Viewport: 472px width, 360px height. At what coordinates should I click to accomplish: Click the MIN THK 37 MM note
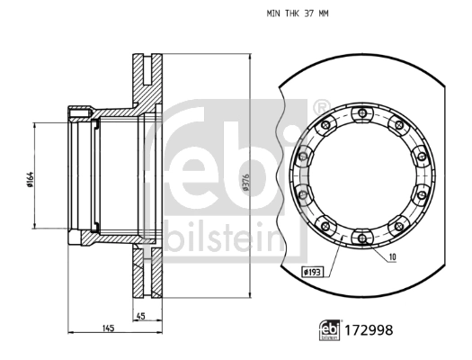tap(298, 13)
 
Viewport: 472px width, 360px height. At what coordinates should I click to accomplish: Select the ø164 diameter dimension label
tap(30, 180)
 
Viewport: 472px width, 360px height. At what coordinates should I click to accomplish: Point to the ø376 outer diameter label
tap(245, 182)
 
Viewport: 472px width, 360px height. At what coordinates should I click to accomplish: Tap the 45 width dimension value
tap(141, 316)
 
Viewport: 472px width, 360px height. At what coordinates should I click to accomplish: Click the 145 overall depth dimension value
tap(109, 328)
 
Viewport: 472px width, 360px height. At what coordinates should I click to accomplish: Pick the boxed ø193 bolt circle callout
tap(313, 273)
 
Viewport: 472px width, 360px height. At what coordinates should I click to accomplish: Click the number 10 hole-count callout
tap(393, 257)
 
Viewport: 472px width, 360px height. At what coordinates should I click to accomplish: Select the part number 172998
tap(369, 330)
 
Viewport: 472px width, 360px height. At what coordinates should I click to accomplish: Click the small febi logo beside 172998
tap(330, 330)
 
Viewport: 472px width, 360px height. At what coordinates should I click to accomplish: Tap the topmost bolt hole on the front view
tap(362, 113)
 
